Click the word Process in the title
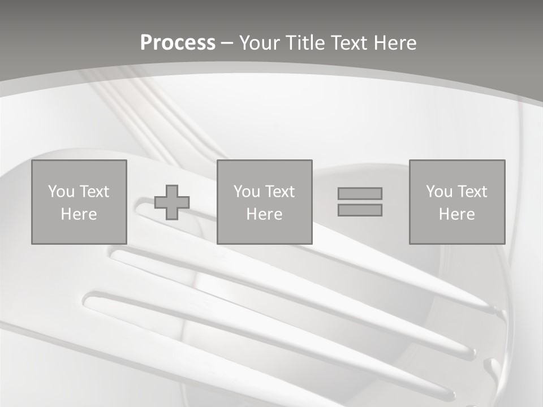178,43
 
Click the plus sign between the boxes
172,202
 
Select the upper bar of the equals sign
360,193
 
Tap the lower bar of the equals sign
360,210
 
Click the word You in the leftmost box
61,192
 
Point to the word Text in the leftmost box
93,192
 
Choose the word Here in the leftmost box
79,214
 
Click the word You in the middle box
247,192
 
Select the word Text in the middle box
279,192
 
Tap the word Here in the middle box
264,214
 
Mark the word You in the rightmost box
439,192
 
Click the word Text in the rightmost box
471,192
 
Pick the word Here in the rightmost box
456,214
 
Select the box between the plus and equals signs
264,232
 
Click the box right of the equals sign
456,232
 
